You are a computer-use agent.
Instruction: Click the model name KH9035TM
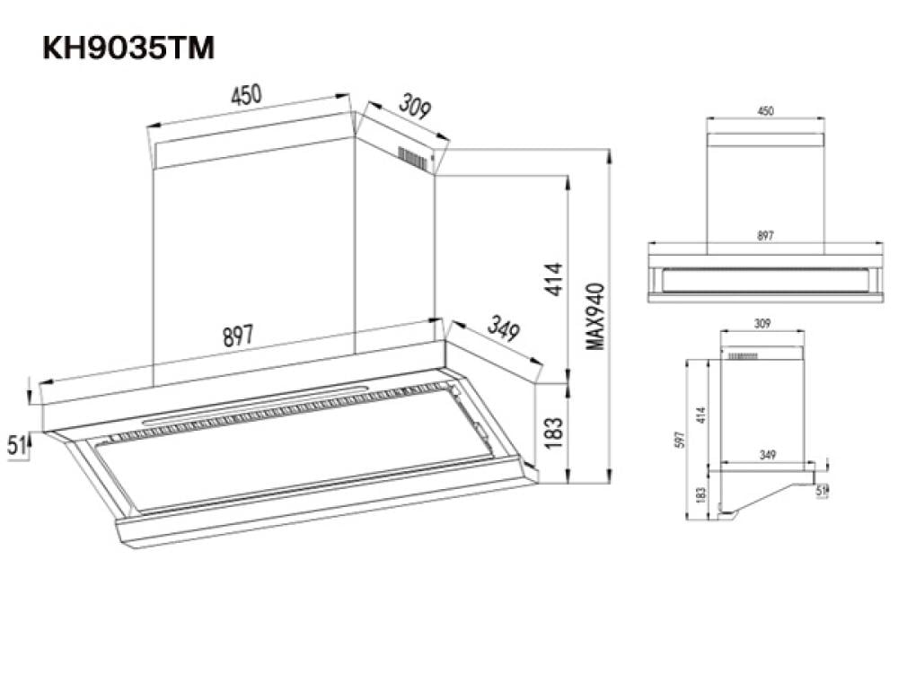pos(128,48)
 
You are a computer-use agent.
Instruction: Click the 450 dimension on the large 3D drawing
pos(246,95)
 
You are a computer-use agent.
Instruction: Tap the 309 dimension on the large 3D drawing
pos(415,107)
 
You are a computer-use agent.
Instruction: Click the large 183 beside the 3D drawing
pos(554,433)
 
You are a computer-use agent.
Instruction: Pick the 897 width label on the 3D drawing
pos(238,336)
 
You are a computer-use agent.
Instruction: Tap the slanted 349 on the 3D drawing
pos(504,329)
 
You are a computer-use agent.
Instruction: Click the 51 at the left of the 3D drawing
pos(16,444)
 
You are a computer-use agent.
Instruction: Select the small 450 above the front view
pos(765,112)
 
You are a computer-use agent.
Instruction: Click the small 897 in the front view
pos(765,236)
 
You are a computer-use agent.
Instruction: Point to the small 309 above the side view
pos(761,322)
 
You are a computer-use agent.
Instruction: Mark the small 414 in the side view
pos(701,415)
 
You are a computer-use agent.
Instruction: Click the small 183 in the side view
pos(701,494)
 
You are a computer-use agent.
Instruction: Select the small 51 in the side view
pos(821,490)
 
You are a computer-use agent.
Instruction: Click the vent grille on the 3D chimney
pos(413,159)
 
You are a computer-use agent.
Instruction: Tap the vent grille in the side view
pos(743,356)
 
